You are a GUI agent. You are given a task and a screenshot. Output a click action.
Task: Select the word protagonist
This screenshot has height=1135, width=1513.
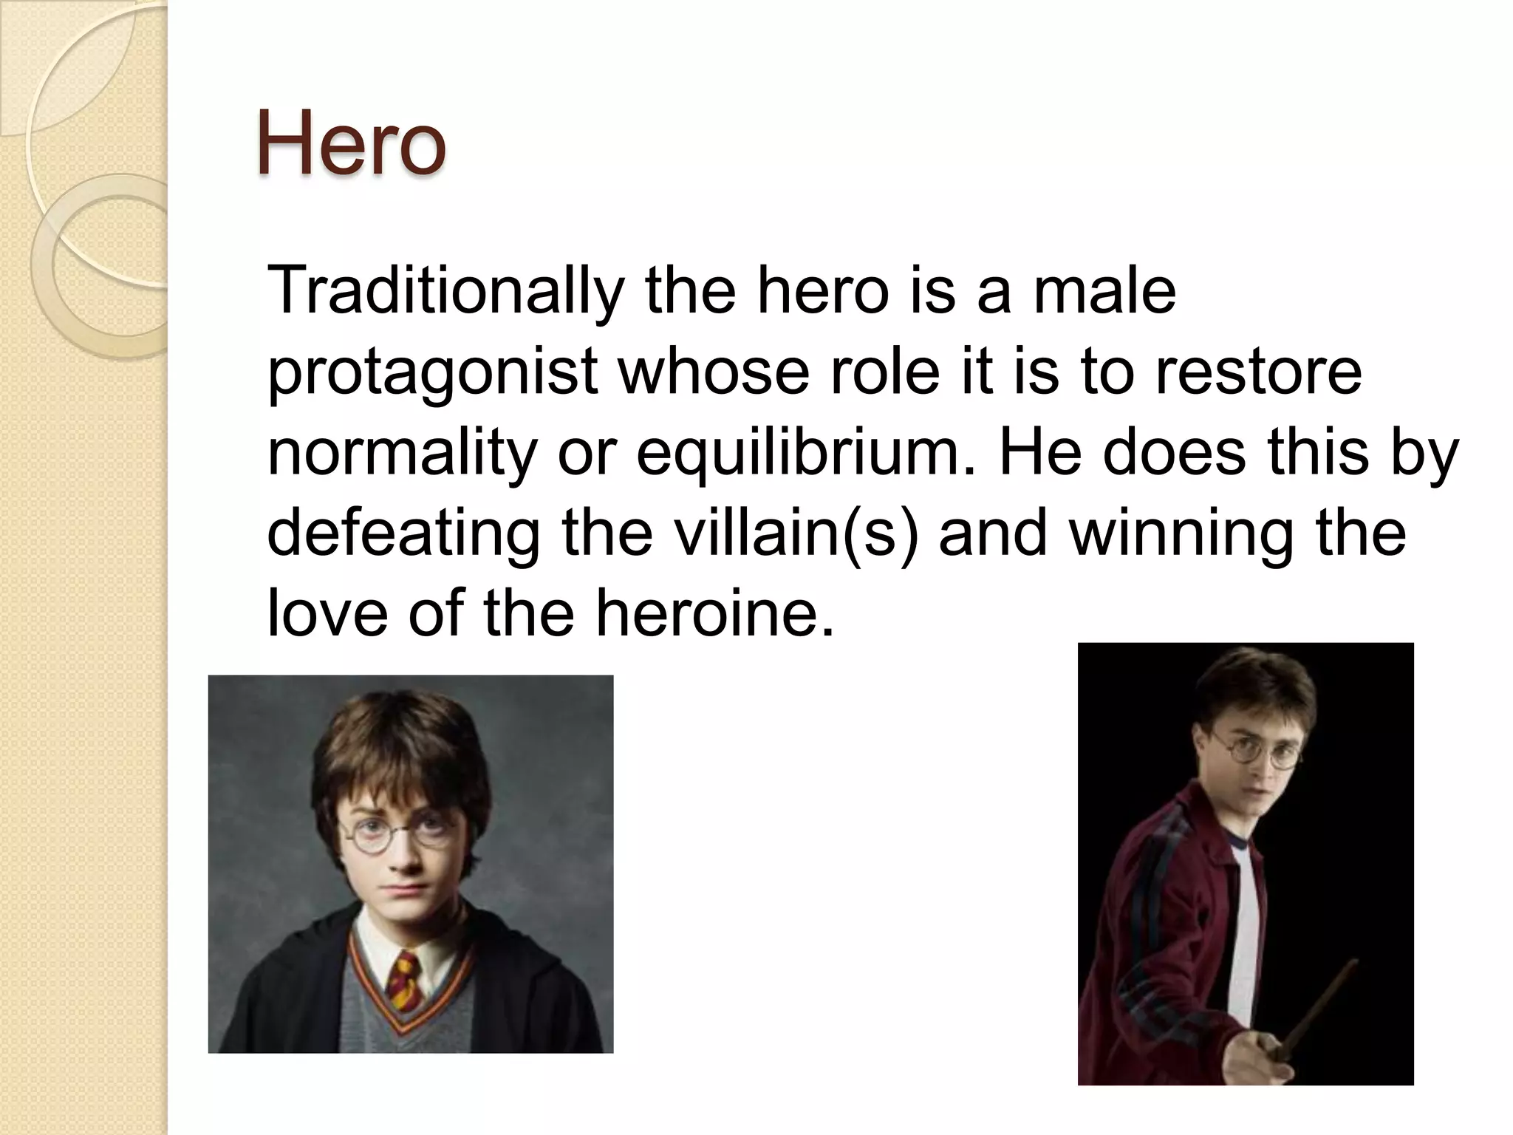coord(431,371)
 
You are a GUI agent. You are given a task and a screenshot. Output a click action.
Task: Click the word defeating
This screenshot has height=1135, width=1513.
coord(403,533)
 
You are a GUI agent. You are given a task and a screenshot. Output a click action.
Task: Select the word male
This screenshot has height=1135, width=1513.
coord(1104,290)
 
